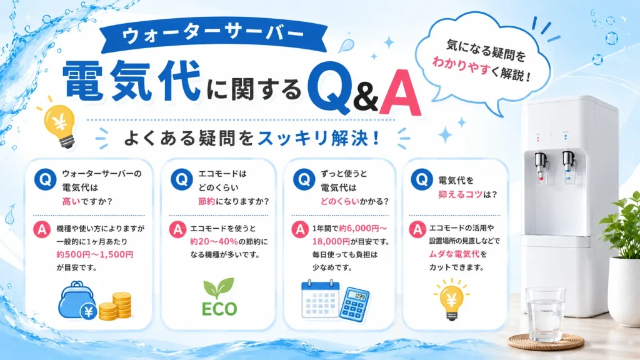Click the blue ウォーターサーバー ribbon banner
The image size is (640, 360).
pos(214,37)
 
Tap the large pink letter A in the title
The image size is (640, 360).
pos(400,92)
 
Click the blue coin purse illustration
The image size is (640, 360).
pos(77,300)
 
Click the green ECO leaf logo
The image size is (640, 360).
pos(219,297)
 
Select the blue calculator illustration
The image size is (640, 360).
pos(354,304)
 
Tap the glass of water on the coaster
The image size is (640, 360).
pos(545,314)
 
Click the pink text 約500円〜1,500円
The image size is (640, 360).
pos(95,255)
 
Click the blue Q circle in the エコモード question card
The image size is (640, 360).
pos(182,179)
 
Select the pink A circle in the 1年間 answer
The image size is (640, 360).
pos(300,229)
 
